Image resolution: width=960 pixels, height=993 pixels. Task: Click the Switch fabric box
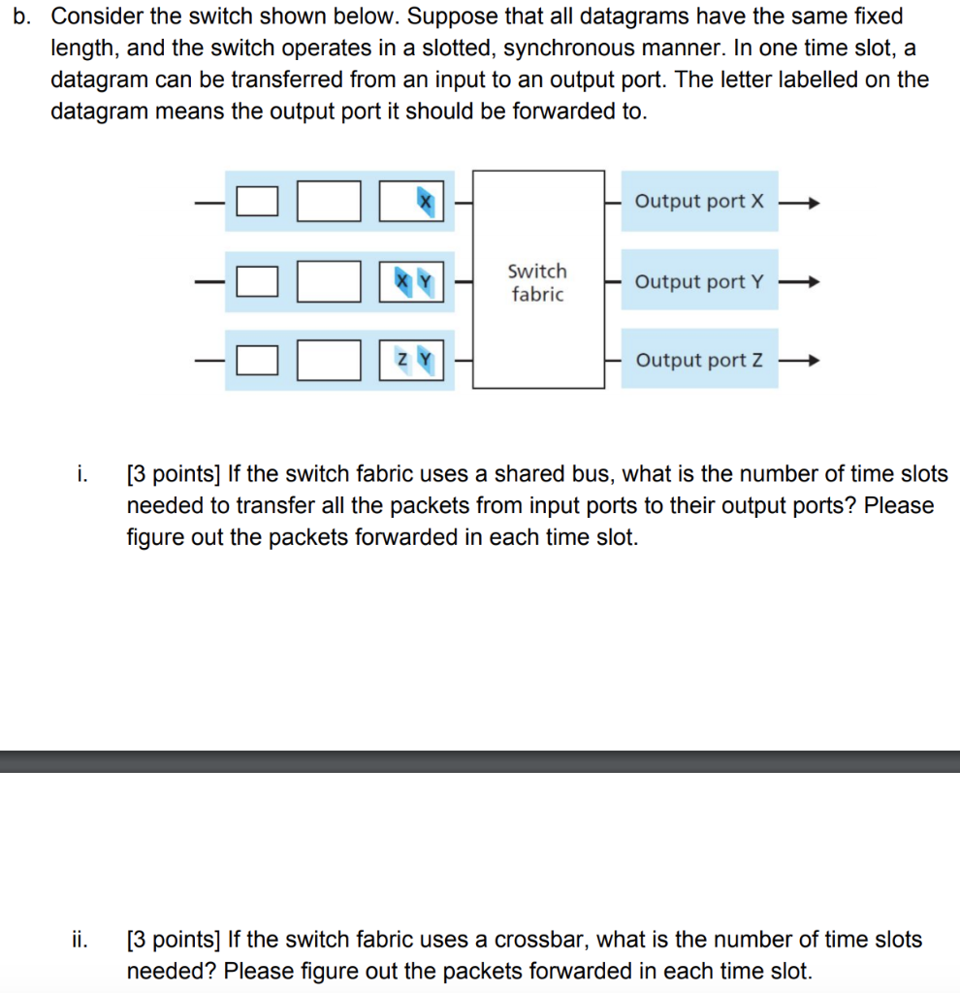537,280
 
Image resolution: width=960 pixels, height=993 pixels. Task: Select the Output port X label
699,202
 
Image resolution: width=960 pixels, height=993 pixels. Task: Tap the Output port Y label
699,282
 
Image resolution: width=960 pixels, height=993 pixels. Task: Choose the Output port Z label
699,361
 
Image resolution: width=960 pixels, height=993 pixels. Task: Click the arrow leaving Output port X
802,203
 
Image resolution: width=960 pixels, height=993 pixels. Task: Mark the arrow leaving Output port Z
802,362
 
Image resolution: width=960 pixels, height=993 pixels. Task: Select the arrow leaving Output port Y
802,282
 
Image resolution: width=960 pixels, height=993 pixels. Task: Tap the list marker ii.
80,939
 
